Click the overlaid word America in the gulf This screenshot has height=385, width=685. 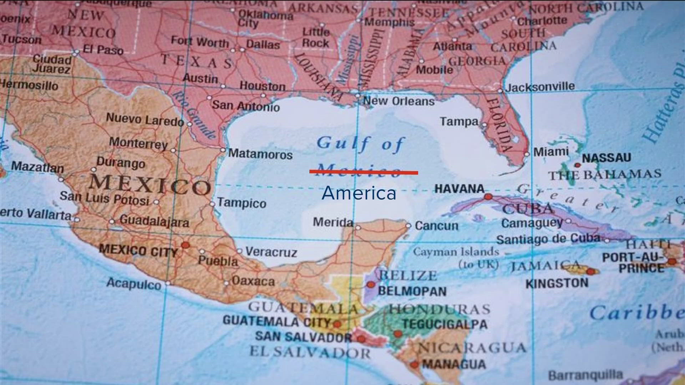point(359,193)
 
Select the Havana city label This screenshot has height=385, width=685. point(460,189)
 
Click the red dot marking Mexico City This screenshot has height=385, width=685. point(186,245)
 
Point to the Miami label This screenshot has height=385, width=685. point(551,152)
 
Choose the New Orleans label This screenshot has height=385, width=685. point(399,101)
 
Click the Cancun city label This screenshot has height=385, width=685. point(436,226)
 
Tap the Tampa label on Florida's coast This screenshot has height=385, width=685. point(459,122)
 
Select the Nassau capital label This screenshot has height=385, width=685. point(607,158)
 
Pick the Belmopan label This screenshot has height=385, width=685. point(412,291)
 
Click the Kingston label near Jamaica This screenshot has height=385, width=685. point(557,283)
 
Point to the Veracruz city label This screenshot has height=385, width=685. point(271,252)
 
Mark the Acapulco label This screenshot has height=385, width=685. point(134,284)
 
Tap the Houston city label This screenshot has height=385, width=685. point(263,86)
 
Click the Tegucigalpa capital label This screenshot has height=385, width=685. point(445,324)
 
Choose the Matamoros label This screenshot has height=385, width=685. point(260,154)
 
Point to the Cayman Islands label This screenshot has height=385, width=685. point(456,252)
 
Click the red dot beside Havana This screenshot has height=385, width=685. point(488,197)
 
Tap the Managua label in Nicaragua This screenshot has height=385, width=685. point(454,364)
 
